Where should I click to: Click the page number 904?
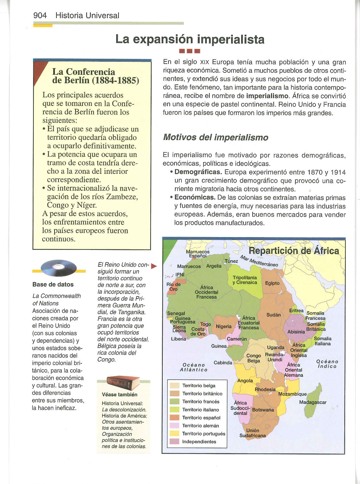click(40, 15)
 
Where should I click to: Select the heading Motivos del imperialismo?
click(216, 137)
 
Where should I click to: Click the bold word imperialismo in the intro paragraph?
click(267, 96)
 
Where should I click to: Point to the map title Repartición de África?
click(294, 251)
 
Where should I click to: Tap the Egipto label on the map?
click(272, 283)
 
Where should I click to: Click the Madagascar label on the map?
click(313, 402)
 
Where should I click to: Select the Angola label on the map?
click(245, 380)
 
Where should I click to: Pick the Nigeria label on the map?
click(224, 326)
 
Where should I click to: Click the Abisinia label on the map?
click(296, 332)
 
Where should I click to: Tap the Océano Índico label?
click(327, 364)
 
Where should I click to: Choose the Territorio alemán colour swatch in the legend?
click(175, 426)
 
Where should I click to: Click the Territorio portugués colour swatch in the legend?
click(175, 434)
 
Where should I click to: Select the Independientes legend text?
click(199, 441)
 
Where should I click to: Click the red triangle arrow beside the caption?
click(154, 267)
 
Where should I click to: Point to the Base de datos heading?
click(53, 285)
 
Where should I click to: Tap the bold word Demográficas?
click(198, 172)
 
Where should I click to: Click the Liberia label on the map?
click(179, 339)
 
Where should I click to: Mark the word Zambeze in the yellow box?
click(120, 197)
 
